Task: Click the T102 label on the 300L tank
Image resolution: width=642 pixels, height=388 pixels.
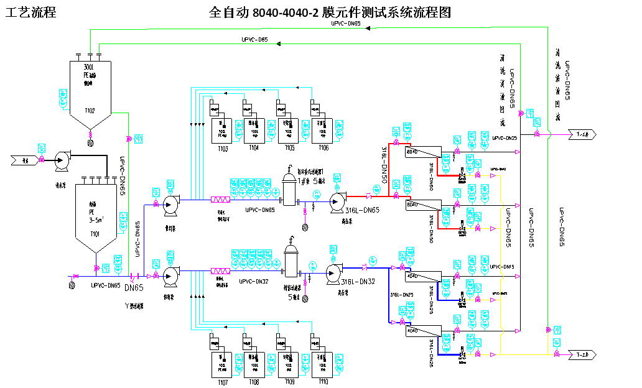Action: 90,111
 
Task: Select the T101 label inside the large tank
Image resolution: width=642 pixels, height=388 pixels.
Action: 95,234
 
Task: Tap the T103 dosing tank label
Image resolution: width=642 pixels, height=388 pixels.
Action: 223,149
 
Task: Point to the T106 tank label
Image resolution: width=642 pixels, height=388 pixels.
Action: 323,149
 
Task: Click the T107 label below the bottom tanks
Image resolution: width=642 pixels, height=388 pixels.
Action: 223,382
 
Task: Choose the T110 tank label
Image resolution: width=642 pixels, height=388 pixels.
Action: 323,382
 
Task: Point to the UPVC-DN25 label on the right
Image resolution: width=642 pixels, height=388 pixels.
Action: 505,137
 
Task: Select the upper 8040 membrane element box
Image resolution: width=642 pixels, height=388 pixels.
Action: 412,152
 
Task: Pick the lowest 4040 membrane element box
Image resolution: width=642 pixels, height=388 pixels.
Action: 412,331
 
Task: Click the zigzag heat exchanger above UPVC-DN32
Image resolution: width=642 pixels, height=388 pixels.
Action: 221,271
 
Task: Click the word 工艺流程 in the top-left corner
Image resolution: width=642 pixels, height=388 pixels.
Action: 30,12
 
